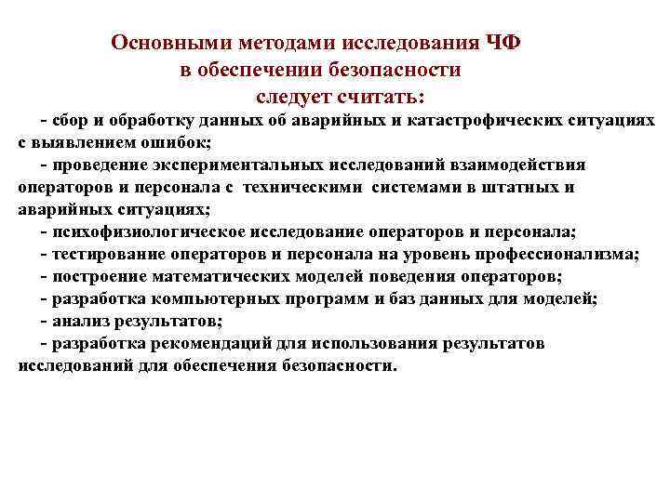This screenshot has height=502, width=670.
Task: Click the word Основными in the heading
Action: click(x=163, y=44)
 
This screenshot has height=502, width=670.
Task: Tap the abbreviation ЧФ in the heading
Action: click(x=502, y=44)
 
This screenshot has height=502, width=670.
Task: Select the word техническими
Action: click(x=307, y=187)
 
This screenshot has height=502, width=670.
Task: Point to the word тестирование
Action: click(x=104, y=253)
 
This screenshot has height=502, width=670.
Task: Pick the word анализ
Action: click(x=80, y=321)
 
